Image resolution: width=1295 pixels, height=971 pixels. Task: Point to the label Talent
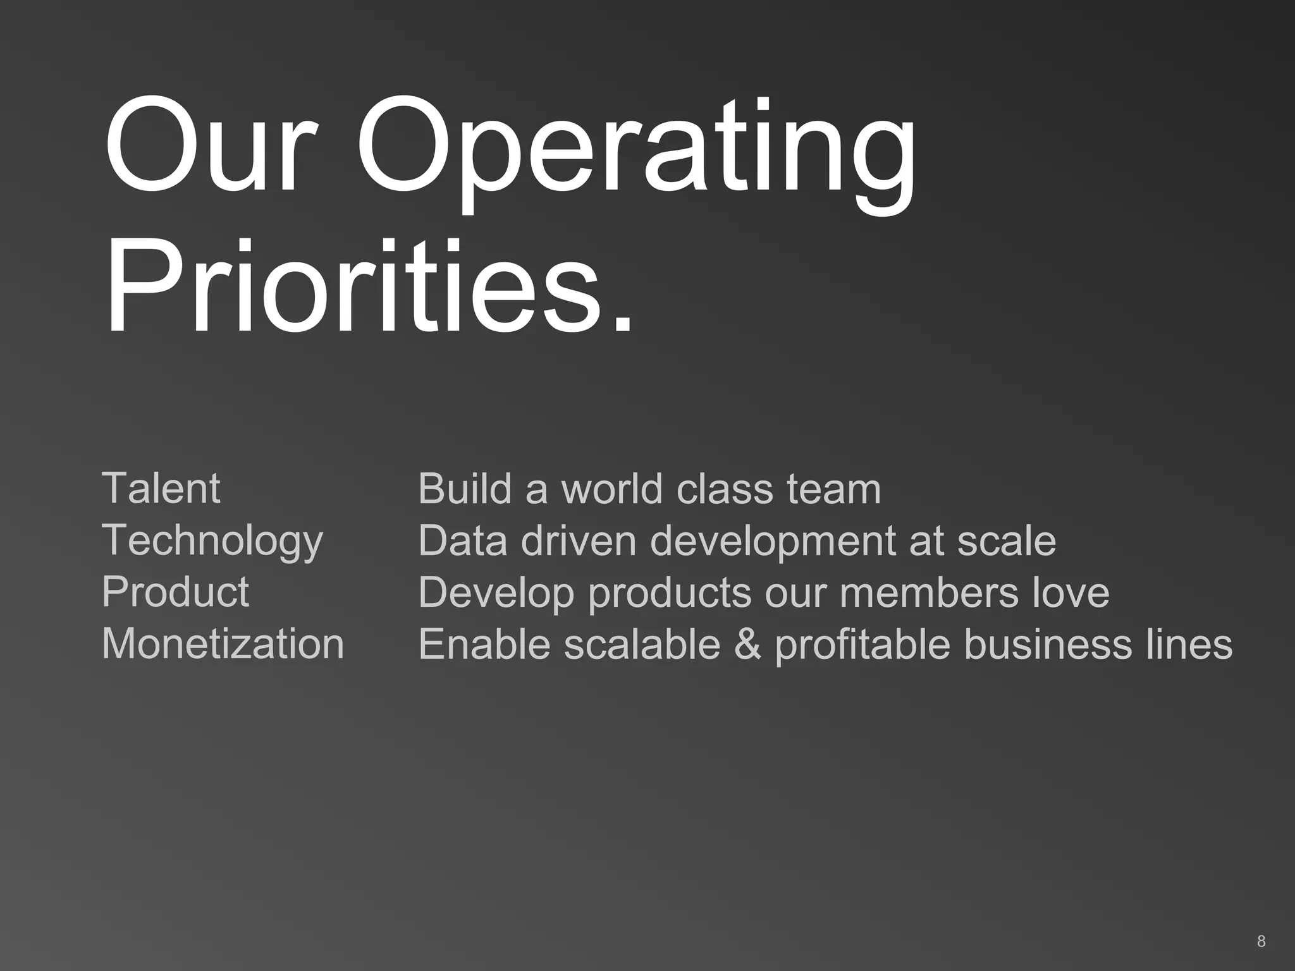(161, 488)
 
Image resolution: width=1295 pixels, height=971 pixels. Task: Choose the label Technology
(212, 541)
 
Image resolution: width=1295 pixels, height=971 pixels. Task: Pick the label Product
(175, 592)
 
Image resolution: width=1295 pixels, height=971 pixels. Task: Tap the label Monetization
(223, 644)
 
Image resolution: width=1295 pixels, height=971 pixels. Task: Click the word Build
(465, 488)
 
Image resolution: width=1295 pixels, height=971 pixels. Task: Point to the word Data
(462, 541)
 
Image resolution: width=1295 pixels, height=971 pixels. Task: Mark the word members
(929, 592)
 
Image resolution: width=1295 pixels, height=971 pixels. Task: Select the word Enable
(484, 644)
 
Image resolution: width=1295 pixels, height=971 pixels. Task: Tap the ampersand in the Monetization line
(748, 644)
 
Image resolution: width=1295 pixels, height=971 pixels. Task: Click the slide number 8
(1261, 941)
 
